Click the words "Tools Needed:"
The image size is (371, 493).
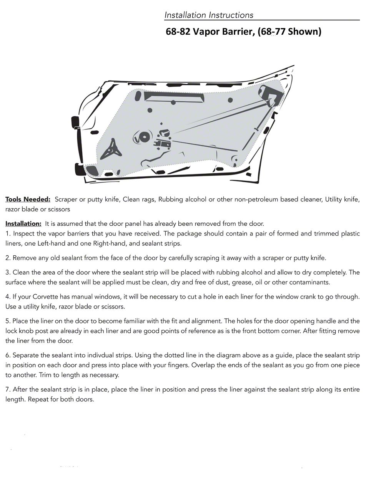click(28, 200)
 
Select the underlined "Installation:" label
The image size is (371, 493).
click(23, 224)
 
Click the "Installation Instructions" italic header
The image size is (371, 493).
click(209, 15)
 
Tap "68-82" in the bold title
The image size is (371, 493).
click(178, 31)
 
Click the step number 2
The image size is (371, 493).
click(8, 258)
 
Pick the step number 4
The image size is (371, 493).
click(8, 297)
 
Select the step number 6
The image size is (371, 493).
click(8, 355)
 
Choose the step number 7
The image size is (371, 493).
click(8, 389)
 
